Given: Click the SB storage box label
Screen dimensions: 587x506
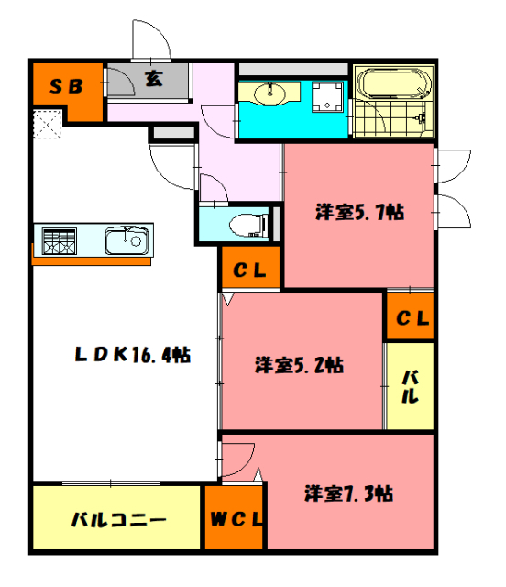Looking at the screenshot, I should pos(66,86).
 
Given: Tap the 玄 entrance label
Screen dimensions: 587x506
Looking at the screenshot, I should pos(153,80).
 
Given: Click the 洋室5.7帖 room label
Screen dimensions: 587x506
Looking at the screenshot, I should pos(360,212).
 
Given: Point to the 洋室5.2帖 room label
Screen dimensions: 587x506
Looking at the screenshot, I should pos(299,364).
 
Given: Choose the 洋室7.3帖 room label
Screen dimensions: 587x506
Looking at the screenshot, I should pos(349,493).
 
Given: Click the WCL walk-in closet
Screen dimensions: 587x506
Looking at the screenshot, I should pos(234,519).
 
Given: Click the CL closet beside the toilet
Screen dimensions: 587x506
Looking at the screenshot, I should pos(248,271).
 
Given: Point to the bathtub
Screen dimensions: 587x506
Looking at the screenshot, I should pos(392,86).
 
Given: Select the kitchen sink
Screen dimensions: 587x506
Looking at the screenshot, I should pos(126,240).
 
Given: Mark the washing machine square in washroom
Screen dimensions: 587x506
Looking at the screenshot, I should pos(327,95).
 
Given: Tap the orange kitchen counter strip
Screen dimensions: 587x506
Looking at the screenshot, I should pos(92,260).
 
